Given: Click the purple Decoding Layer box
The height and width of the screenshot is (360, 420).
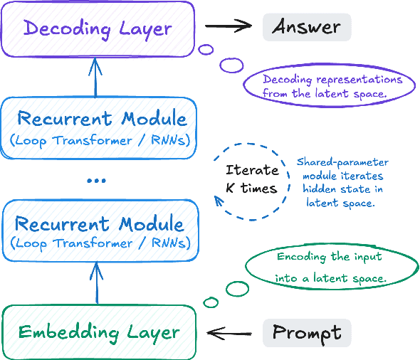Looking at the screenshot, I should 98,29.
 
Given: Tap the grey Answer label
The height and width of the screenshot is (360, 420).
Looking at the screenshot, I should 307,28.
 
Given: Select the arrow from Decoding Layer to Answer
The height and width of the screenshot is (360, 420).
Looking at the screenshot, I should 229,27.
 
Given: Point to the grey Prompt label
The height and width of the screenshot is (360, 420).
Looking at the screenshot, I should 307,332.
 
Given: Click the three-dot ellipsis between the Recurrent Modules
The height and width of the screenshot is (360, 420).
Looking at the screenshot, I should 96,181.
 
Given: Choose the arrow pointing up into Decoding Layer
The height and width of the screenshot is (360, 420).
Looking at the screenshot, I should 97,77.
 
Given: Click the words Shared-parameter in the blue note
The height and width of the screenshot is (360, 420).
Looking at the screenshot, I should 333,162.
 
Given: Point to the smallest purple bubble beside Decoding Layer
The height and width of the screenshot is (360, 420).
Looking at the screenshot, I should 206,50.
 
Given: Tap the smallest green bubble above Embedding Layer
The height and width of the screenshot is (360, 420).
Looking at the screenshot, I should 210,302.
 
